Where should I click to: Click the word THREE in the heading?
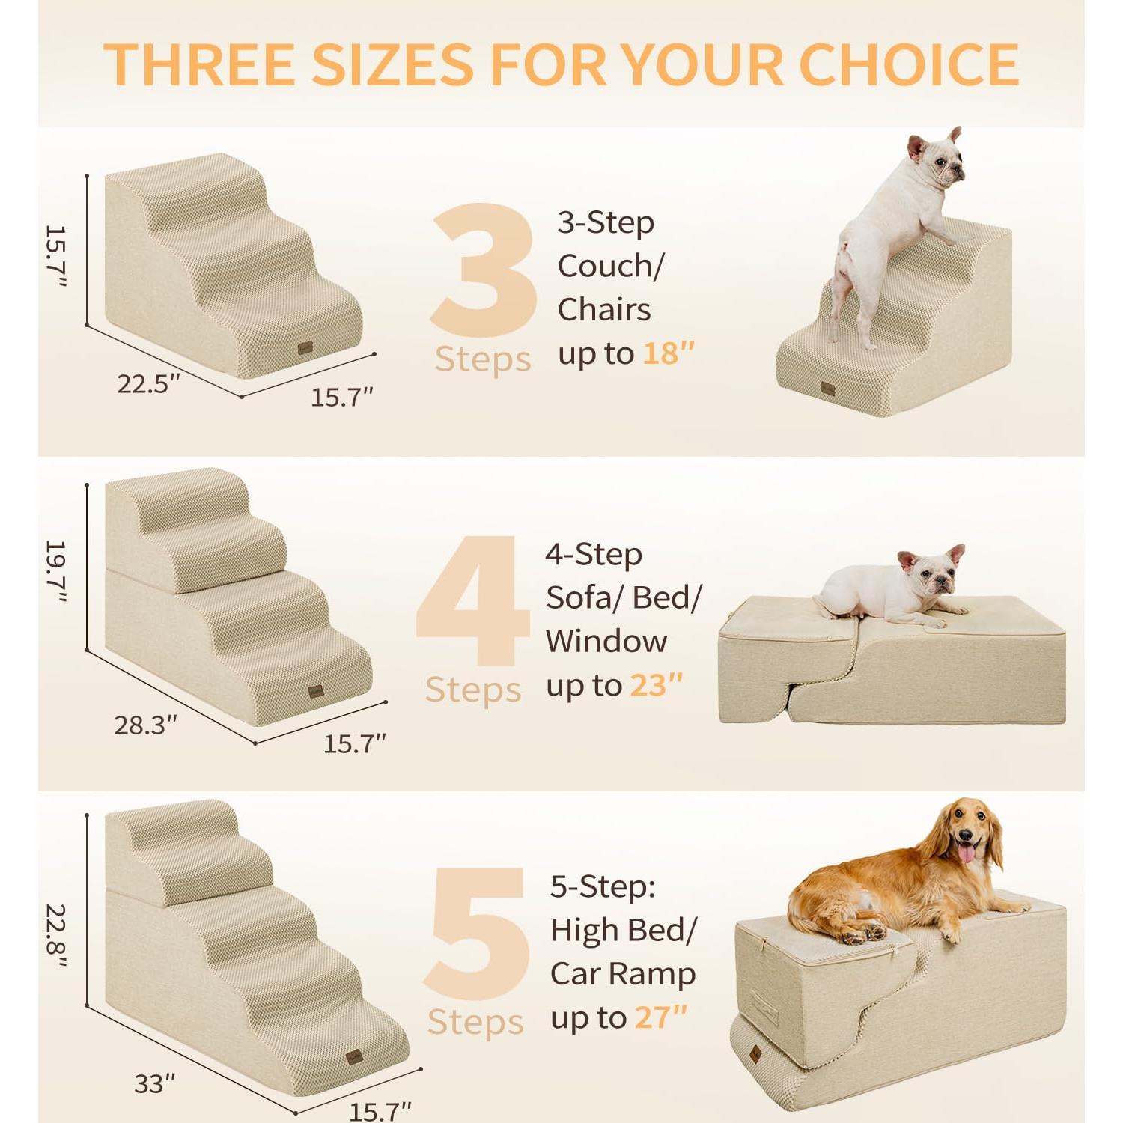pyautogui.click(x=200, y=64)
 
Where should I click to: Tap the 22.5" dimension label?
pyautogui.click(x=148, y=384)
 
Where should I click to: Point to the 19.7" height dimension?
pyautogui.click(x=55, y=570)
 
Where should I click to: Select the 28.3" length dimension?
pyautogui.click(x=145, y=725)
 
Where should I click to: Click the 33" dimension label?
pyautogui.click(x=154, y=1083)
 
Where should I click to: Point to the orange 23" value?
pyautogui.click(x=656, y=685)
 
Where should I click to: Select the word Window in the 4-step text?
pyautogui.click(x=606, y=642)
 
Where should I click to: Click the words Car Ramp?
pyautogui.click(x=623, y=974)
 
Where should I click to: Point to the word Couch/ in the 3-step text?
pyautogui.click(x=610, y=266)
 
